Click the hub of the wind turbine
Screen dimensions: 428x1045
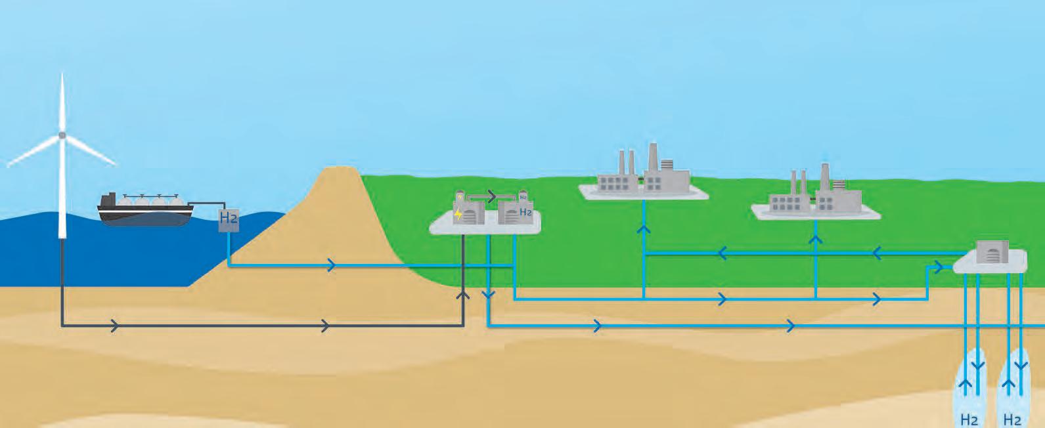click(62, 135)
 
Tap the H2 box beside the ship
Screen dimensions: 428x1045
click(228, 219)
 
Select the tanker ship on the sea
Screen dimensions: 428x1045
click(145, 209)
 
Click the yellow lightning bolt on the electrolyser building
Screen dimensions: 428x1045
click(458, 213)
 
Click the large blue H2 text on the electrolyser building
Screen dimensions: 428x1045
click(525, 212)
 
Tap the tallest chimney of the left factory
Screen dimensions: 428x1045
click(653, 158)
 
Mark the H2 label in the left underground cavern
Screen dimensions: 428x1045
click(969, 419)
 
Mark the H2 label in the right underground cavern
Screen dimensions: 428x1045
click(1012, 419)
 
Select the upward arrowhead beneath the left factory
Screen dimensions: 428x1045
click(644, 229)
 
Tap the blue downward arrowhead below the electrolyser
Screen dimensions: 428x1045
click(488, 295)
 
